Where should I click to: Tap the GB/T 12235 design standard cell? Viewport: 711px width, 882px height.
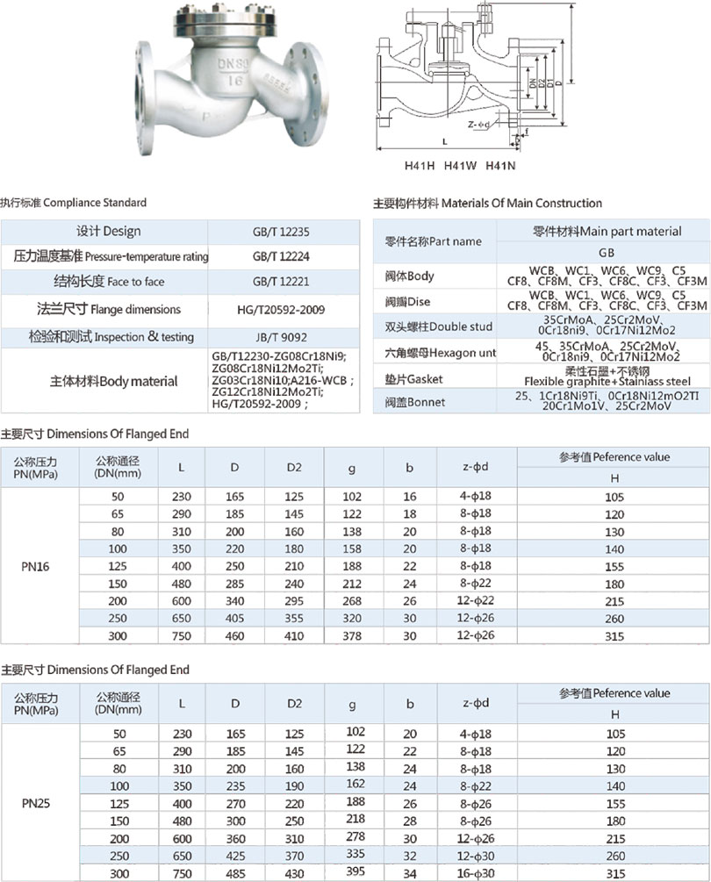pyautogui.click(x=281, y=232)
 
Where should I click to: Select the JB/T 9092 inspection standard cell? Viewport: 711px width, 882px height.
pyautogui.click(x=281, y=336)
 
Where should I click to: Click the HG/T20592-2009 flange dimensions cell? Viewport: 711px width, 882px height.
pyautogui.click(x=281, y=310)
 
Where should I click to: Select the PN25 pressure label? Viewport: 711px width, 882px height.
pyautogui.click(x=36, y=802)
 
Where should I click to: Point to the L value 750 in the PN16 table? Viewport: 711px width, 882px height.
pyautogui.click(x=181, y=636)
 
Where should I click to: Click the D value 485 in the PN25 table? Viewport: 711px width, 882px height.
pyautogui.click(x=234, y=873)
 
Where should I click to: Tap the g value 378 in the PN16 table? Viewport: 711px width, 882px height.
pyautogui.click(x=351, y=635)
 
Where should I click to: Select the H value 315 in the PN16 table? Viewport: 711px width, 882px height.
pyautogui.click(x=614, y=636)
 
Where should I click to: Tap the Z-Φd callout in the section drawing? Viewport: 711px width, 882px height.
pyautogui.click(x=478, y=125)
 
